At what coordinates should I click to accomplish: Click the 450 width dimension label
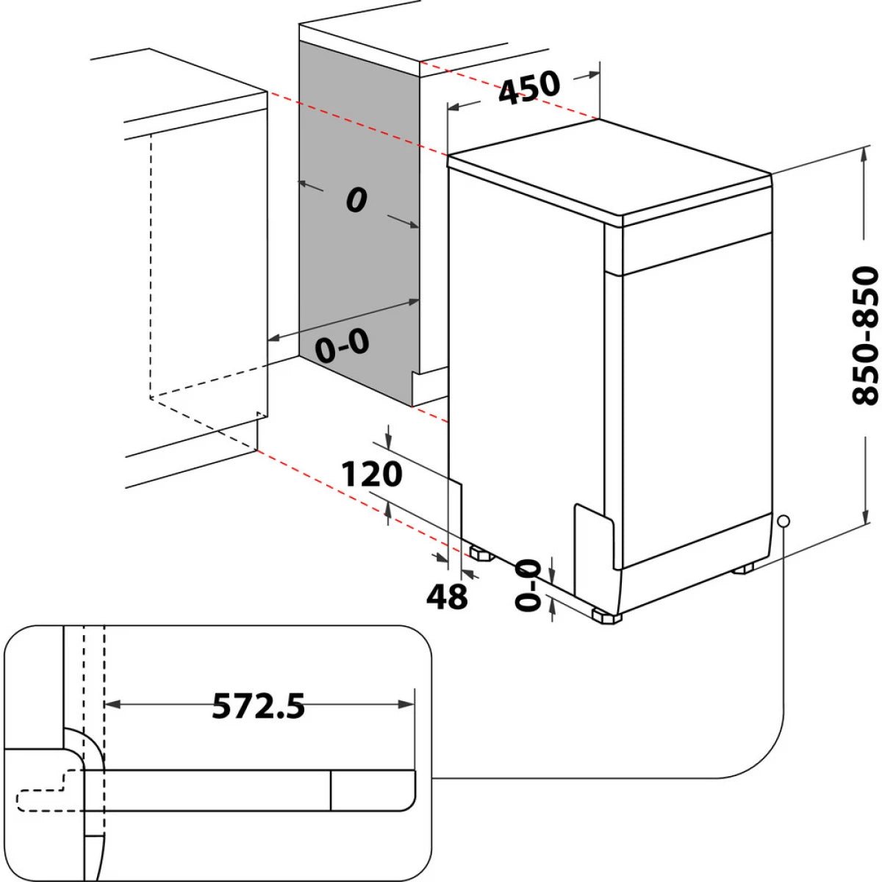pyautogui.click(x=529, y=87)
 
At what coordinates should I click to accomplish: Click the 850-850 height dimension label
pyautogui.click(x=865, y=336)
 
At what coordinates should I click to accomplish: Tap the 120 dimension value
pyautogui.click(x=372, y=475)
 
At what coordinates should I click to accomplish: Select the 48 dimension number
pyautogui.click(x=447, y=595)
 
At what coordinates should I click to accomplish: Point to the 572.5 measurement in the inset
pyautogui.click(x=258, y=706)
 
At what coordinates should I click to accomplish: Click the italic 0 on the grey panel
pyautogui.click(x=356, y=200)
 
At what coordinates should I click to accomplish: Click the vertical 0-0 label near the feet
pyautogui.click(x=528, y=585)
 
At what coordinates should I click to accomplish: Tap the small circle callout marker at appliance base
pyautogui.click(x=784, y=520)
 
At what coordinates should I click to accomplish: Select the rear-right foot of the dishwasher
pyautogui.click(x=745, y=568)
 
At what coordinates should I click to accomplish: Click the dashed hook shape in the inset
pyautogui.click(x=44, y=794)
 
